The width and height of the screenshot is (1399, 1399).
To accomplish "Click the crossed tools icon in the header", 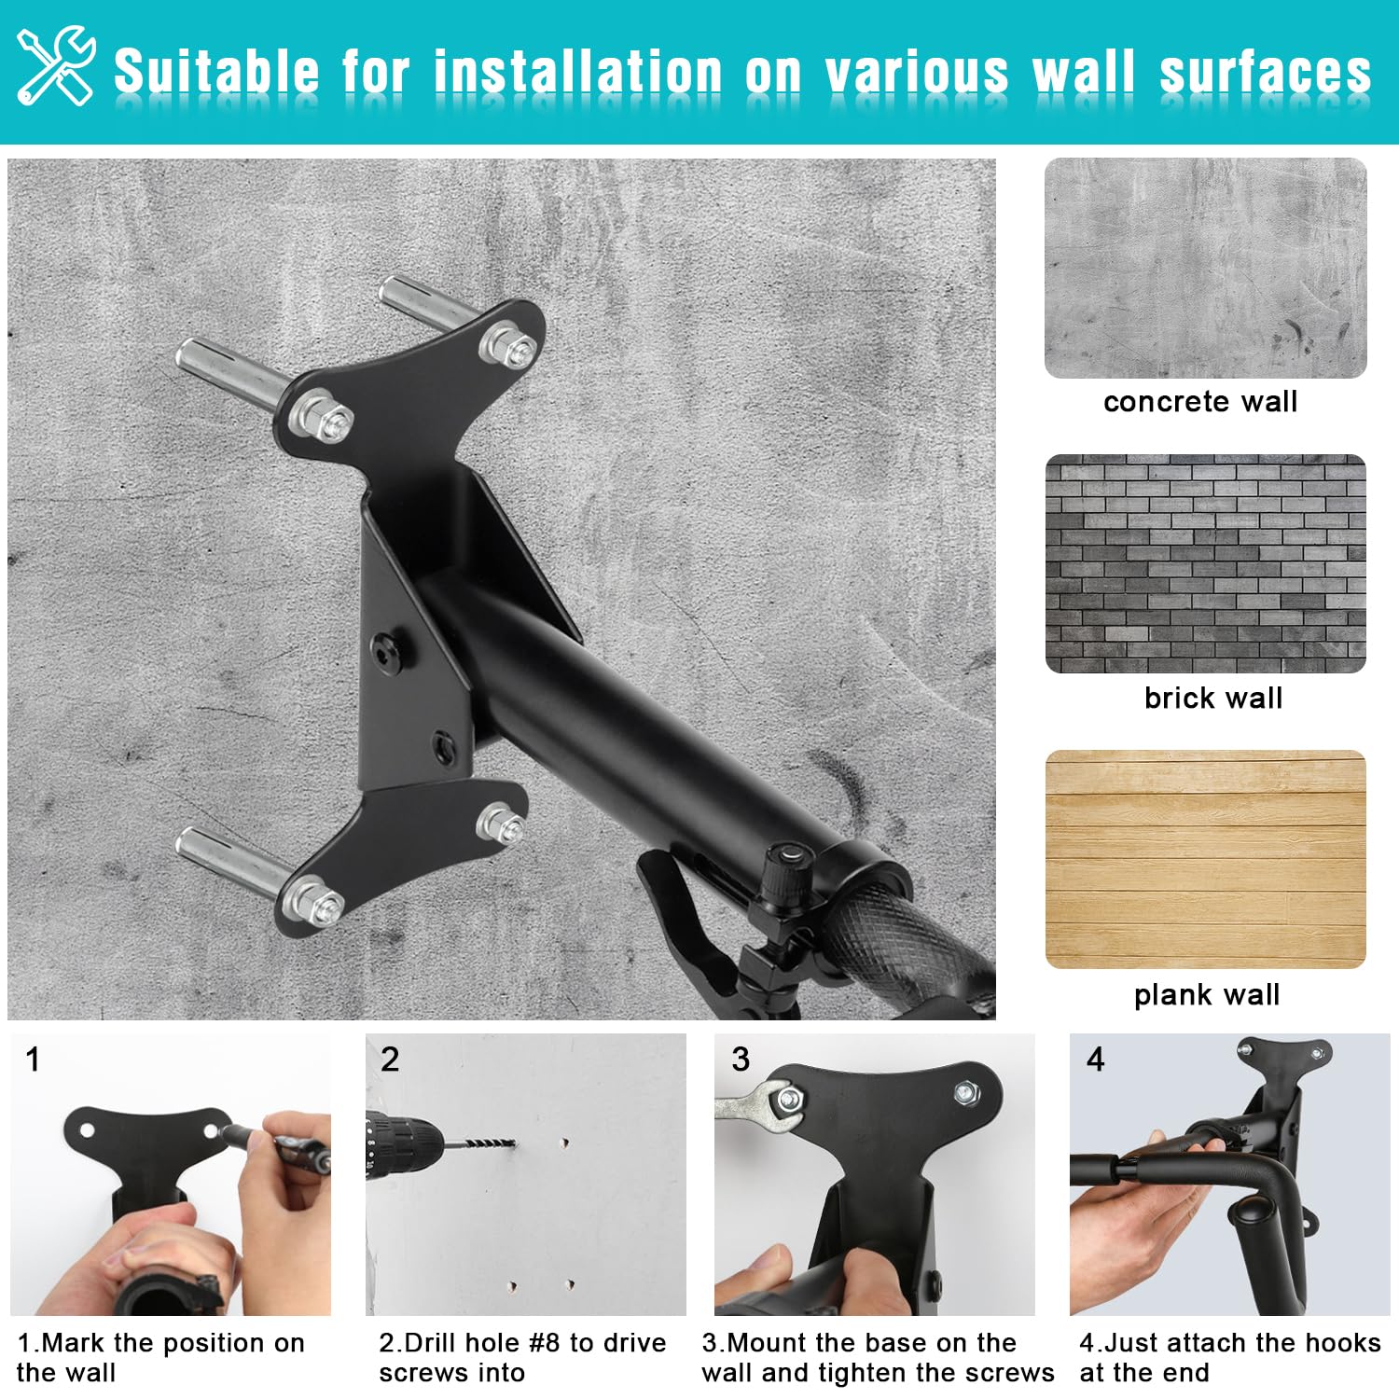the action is coord(56,65).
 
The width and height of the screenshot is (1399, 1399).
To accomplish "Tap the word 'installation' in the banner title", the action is coord(578,72).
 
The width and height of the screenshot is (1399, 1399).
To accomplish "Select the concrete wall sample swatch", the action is coord(1205,268).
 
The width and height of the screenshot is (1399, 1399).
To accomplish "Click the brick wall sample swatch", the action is coord(1205,564).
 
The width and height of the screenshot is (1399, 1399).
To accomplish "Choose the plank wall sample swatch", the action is coord(1205,860).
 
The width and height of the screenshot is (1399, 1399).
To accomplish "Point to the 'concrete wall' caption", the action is coord(1200,402).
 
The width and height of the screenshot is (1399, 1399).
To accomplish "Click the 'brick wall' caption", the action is coord(1213,698).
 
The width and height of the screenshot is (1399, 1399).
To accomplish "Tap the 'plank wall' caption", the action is coord(1207,995).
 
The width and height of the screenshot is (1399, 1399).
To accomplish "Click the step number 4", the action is coord(1096,1060).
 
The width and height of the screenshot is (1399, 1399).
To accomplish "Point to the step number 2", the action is coord(390,1060).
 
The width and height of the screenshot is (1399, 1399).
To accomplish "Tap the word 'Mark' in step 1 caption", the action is coord(73,1343).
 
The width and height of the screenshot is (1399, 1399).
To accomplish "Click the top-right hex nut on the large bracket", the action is coord(508,347).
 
